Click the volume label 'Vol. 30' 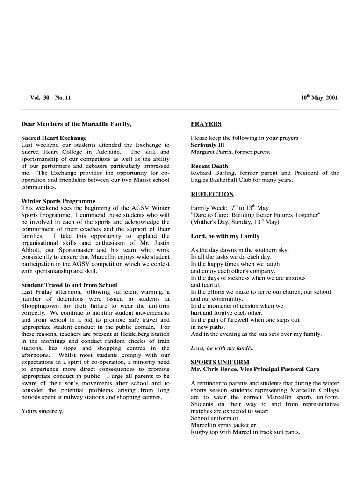point(40,98)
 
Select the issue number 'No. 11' point(63,98)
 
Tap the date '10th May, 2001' point(319,98)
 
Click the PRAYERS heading point(206,124)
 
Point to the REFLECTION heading point(212,194)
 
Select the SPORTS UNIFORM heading point(220,362)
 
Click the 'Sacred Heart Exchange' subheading point(54,138)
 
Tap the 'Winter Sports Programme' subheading point(58,201)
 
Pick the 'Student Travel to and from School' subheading point(69,285)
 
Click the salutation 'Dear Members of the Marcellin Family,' point(76,124)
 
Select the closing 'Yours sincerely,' point(43,411)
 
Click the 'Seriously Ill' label point(207,145)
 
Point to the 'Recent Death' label point(209,166)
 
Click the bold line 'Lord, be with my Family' point(225,236)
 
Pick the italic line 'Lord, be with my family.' point(222,348)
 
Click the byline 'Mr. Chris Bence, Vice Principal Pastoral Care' point(255,369)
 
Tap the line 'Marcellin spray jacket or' point(223,425)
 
